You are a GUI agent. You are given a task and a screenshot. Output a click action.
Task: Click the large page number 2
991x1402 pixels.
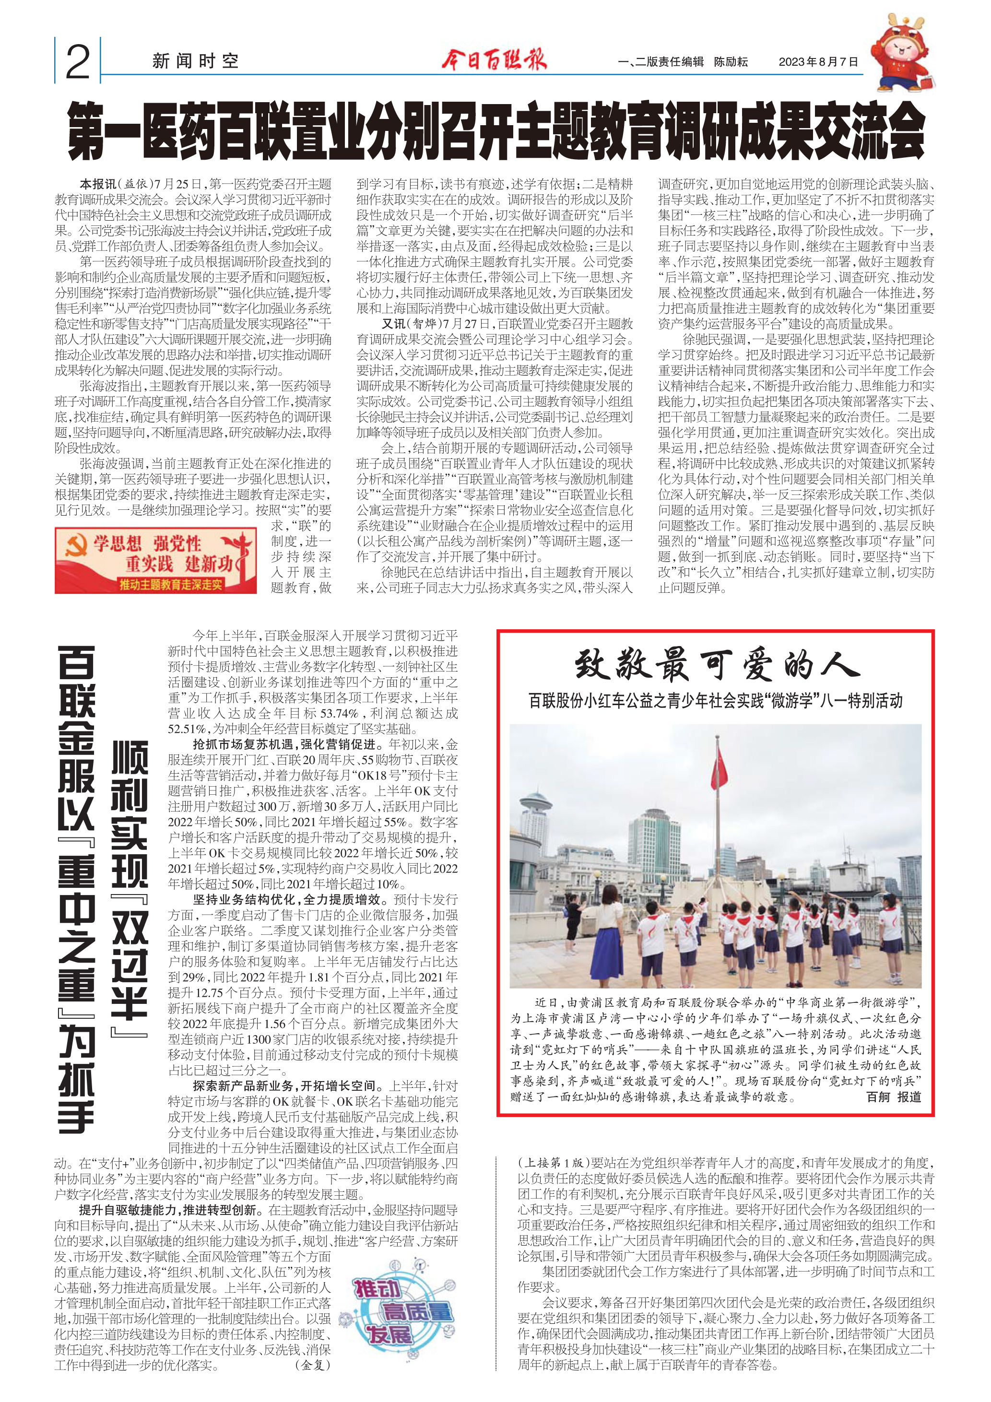78,62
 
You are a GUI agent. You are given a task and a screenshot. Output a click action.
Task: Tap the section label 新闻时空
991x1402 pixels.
195,61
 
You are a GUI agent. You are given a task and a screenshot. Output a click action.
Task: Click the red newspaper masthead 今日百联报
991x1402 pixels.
494,60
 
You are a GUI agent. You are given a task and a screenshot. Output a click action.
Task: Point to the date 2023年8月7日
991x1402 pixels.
818,62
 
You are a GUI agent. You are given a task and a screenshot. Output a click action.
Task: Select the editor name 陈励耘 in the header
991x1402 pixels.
731,62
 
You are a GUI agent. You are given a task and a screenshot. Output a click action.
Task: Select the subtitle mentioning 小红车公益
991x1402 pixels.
715,700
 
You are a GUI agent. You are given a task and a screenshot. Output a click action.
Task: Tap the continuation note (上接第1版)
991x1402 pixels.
553,1163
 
